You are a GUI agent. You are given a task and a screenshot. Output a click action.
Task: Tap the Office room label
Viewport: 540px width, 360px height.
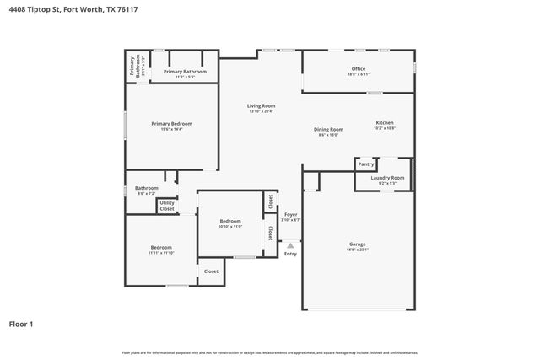click(359, 68)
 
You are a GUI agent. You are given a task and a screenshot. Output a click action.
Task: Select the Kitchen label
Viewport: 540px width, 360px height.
click(385, 122)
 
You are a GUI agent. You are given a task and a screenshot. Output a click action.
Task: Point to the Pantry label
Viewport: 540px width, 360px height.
click(366, 164)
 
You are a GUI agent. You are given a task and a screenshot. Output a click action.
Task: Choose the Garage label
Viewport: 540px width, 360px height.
click(358, 244)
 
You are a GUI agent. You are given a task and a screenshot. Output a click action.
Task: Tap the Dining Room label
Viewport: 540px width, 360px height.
click(328, 129)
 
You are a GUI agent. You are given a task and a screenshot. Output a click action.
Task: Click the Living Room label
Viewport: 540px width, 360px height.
click(261, 105)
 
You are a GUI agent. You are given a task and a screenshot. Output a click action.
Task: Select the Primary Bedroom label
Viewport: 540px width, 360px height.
click(167, 124)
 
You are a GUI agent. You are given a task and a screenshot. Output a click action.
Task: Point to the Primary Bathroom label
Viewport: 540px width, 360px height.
click(185, 72)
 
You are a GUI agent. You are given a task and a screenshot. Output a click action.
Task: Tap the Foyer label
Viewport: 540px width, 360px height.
click(290, 215)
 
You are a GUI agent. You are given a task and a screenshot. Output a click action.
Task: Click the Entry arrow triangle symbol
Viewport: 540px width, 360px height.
click(290, 245)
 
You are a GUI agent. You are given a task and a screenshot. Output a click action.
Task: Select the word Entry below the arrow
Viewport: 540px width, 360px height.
click(290, 254)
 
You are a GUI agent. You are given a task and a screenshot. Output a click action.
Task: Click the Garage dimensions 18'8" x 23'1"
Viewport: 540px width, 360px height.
click(358, 250)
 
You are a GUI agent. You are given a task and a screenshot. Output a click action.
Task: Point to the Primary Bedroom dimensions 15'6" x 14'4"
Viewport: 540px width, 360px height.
click(167, 129)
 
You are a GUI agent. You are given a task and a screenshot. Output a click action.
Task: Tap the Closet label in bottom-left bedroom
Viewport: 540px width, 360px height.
click(211, 271)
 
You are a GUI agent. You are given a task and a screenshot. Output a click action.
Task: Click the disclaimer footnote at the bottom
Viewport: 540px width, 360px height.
click(270, 352)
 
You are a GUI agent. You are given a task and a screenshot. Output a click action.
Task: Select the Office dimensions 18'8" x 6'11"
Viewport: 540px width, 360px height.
click(359, 74)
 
